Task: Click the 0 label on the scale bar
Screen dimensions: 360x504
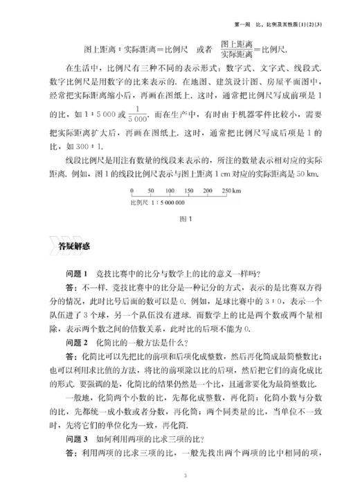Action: (132, 190)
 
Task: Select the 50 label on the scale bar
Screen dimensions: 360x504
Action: (150, 190)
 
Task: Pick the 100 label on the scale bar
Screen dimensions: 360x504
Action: (169, 190)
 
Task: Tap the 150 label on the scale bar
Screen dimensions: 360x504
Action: (188, 190)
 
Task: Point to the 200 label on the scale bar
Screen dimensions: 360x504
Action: (208, 190)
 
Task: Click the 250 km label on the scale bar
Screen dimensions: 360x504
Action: (230, 190)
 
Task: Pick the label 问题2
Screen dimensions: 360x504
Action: (77, 342)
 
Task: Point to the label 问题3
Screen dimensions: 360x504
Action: (77, 437)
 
